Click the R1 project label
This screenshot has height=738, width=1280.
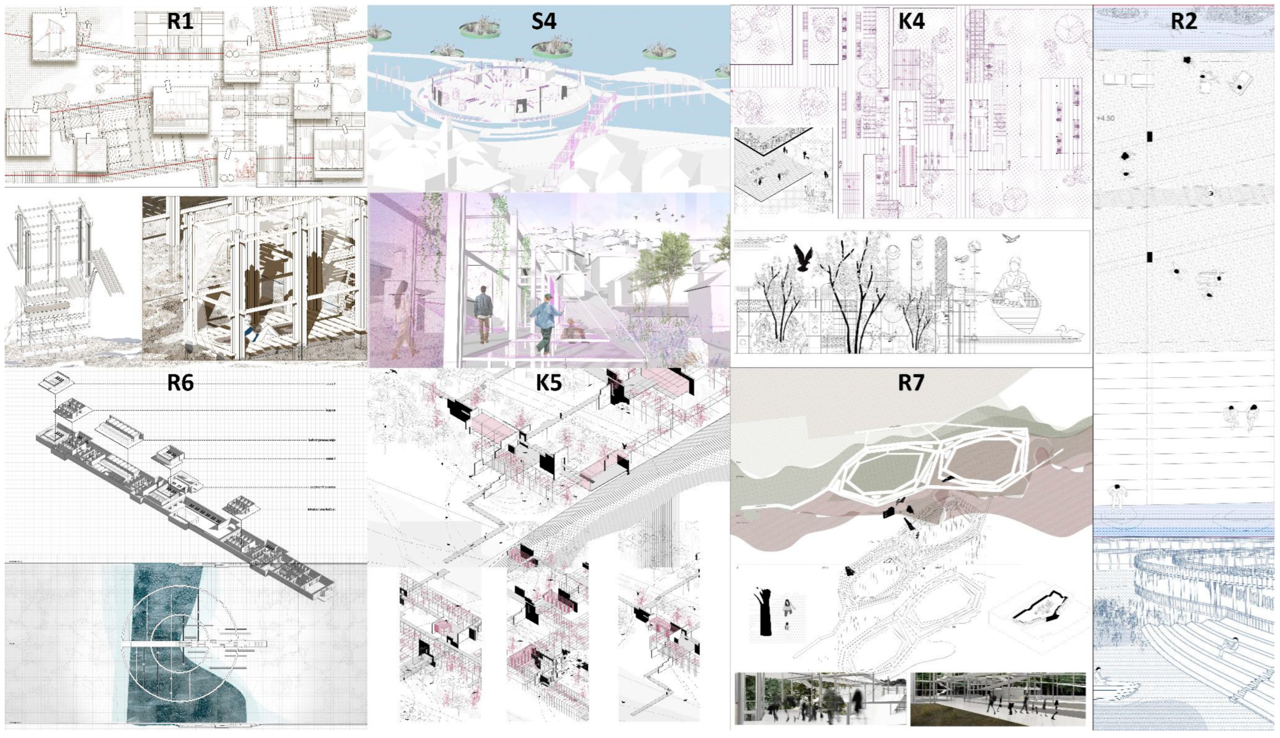(181, 21)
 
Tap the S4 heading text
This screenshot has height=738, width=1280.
(544, 21)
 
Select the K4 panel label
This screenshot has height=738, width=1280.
(912, 21)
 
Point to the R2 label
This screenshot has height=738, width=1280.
(1184, 21)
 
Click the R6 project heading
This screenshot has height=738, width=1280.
(181, 383)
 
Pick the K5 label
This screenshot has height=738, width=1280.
(549, 384)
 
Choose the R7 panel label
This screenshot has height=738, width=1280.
(911, 383)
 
